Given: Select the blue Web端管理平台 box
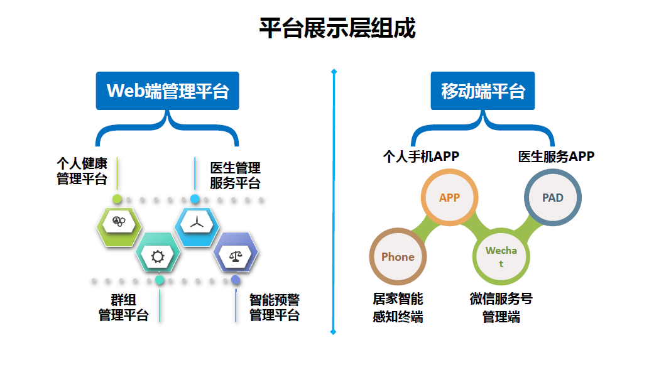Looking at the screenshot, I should [x=168, y=91].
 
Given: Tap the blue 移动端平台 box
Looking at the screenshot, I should [x=483, y=91].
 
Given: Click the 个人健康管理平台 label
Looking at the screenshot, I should [x=82, y=172].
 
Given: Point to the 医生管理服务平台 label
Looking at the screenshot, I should [x=235, y=176].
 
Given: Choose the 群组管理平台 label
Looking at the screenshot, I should [x=123, y=308].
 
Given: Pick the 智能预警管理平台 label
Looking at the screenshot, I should [x=275, y=308].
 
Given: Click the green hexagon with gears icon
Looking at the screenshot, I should [x=119, y=222].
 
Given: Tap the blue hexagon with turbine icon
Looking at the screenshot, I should [x=197, y=222].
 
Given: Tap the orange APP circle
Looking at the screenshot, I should [x=449, y=197].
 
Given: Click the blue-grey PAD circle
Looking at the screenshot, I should [x=553, y=197].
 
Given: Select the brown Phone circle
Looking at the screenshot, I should [x=398, y=256].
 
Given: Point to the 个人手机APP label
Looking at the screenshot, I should [x=421, y=156].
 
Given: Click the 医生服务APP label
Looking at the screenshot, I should [x=556, y=156].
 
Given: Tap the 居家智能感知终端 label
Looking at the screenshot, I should [x=398, y=308].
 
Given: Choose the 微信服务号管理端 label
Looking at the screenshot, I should [x=501, y=308].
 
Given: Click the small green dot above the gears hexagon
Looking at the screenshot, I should [x=117, y=199].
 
